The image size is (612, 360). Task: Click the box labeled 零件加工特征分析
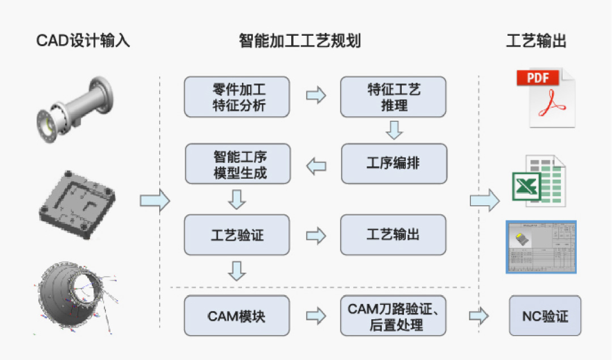[237, 97]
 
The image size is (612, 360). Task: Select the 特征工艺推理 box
[393, 97]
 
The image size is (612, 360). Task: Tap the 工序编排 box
[393, 163]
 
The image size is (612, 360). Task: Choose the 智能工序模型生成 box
[237, 163]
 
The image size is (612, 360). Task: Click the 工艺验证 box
[237, 235]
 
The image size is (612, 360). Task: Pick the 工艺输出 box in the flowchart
[393, 235]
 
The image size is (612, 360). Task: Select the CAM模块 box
[237, 316]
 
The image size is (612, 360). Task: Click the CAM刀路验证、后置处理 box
[393, 316]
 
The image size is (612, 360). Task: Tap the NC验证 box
[545, 316]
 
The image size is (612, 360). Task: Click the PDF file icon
[545, 98]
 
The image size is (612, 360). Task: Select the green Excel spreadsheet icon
[538, 181]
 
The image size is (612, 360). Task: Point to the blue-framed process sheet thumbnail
[541, 247]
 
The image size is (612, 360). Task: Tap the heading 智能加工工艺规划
[300, 41]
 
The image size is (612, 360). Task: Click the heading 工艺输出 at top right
[536, 41]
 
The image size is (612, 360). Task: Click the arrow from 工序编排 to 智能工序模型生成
[316, 166]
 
